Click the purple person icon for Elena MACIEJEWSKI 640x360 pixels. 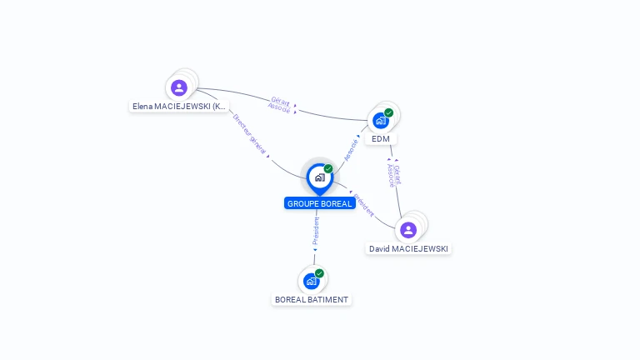coord(178,87)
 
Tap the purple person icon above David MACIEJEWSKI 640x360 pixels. coord(407,230)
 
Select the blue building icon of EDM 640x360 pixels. coord(381,120)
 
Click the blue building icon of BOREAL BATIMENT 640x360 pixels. coord(312,281)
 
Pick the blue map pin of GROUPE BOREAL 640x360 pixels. coord(319,177)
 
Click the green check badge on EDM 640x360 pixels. coord(389,112)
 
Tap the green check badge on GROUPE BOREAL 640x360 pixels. coord(328,169)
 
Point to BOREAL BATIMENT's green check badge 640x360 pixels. coord(319,273)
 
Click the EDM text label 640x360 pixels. coord(381,139)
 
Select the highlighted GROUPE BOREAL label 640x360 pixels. coord(319,203)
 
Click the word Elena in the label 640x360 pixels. coord(142,107)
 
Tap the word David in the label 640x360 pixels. coord(380,249)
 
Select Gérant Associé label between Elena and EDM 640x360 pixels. coord(280,105)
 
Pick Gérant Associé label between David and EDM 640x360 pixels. coord(393,174)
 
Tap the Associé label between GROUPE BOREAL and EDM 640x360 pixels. coord(351,148)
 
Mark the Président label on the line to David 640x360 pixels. coord(364,206)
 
